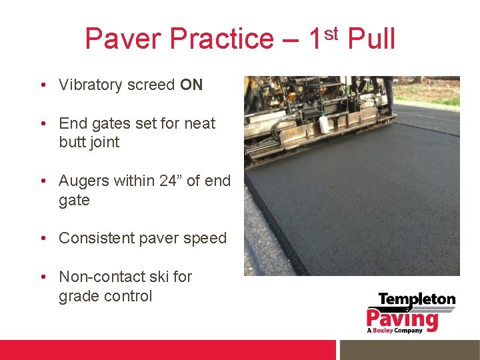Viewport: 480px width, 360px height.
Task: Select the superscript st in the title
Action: point(332,31)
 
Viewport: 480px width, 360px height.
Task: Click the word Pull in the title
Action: point(371,39)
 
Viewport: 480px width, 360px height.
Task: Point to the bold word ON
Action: point(191,85)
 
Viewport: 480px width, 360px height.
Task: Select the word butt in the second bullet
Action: point(71,142)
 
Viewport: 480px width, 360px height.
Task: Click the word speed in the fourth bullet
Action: point(205,239)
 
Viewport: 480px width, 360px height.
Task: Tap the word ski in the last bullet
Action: point(158,277)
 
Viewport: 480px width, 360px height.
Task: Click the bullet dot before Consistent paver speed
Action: point(42,238)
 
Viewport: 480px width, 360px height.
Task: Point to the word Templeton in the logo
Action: point(417,299)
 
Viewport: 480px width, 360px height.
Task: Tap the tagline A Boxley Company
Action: point(394,331)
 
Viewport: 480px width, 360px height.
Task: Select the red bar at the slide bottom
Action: point(166,350)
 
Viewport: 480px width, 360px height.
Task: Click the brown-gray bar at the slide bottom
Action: point(409,350)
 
